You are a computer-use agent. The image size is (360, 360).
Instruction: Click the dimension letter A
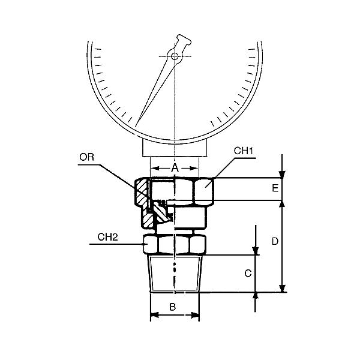[x=175, y=168]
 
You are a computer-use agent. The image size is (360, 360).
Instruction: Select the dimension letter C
[x=248, y=274]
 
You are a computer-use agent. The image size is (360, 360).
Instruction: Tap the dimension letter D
[x=274, y=242]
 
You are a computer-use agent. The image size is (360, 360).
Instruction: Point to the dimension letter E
[x=274, y=188]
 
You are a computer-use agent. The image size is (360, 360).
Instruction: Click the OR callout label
[x=86, y=157]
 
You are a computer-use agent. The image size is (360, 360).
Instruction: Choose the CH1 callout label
[x=241, y=151]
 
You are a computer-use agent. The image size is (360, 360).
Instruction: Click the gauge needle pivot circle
[x=174, y=56]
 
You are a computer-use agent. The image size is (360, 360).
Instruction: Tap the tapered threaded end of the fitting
[x=174, y=274]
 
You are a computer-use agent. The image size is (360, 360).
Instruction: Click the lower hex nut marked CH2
[x=174, y=244]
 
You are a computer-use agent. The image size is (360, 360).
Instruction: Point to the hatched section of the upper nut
[x=141, y=192]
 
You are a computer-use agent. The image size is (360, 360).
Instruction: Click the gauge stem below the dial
[x=174, y=147]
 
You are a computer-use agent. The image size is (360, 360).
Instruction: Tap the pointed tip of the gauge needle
[x=137, y=124]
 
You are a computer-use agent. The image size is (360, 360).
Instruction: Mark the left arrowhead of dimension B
[x=153, y=314]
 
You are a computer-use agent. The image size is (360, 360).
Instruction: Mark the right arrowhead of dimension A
[x=194, y=169]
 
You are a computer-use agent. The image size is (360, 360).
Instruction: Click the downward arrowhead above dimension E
[x=283, y=175]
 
